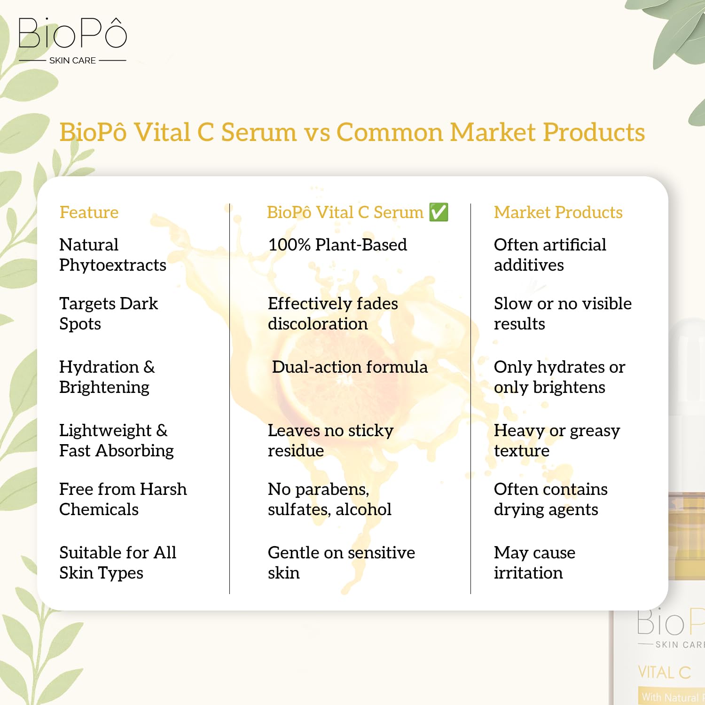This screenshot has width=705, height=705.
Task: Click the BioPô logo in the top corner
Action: [72, 34]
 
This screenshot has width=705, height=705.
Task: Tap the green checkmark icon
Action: [439, 212]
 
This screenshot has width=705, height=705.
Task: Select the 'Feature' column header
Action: [89, 212]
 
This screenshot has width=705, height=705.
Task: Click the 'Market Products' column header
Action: [558, 212]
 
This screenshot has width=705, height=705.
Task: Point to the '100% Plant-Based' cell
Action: [337, 245]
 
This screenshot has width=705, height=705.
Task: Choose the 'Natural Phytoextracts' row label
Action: [112, 255]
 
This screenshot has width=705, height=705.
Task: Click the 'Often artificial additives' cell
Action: [550, 255]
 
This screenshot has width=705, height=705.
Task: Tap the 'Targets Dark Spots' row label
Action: [108, 313]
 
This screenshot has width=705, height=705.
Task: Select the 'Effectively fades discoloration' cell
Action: [332, 313]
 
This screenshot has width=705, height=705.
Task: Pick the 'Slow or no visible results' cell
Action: [562, 313]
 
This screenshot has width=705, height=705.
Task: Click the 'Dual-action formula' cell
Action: [350, 367]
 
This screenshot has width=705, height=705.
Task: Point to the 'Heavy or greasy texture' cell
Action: [556, 440]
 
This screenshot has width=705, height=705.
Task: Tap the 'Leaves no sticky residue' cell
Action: [330, 440]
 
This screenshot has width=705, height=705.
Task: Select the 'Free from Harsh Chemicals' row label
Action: [123, 499]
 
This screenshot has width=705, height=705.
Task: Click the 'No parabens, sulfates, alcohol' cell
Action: [329, 499]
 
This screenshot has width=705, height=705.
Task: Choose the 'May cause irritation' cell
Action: [534, 563]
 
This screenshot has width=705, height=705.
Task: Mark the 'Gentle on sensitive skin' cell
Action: [341, 563]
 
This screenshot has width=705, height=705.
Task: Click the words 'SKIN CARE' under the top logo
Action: [72, 61]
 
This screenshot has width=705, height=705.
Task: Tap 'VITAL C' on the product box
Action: [664, 673]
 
